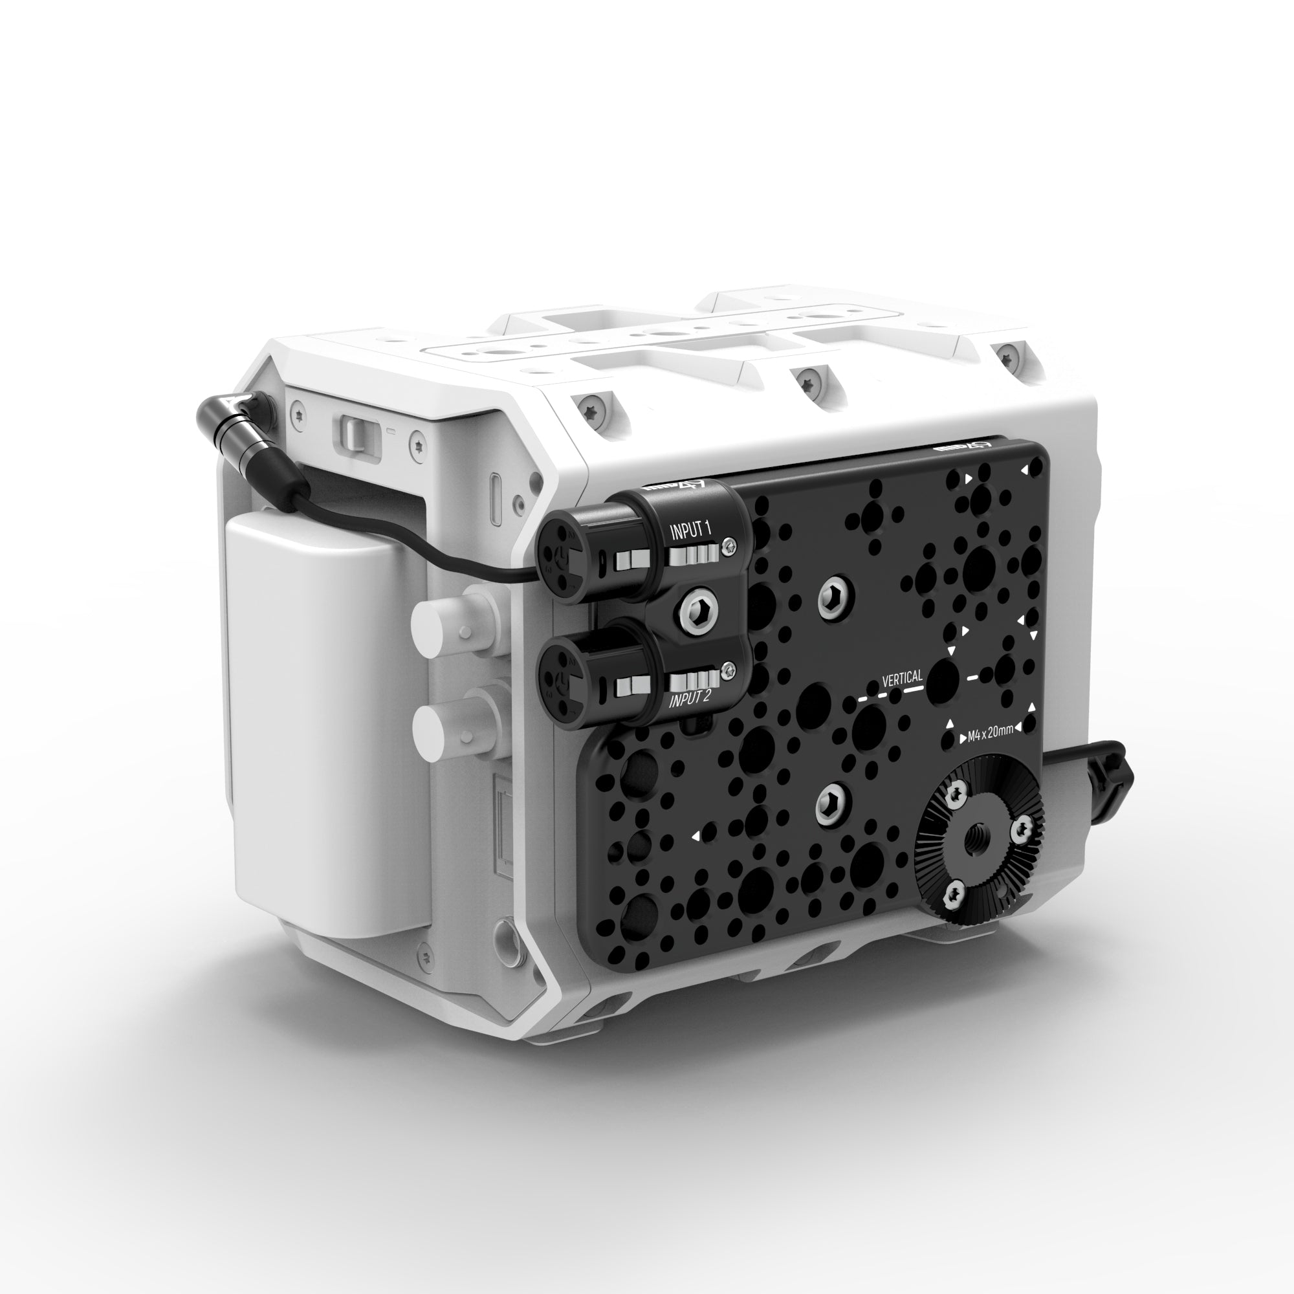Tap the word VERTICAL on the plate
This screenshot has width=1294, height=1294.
902,679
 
